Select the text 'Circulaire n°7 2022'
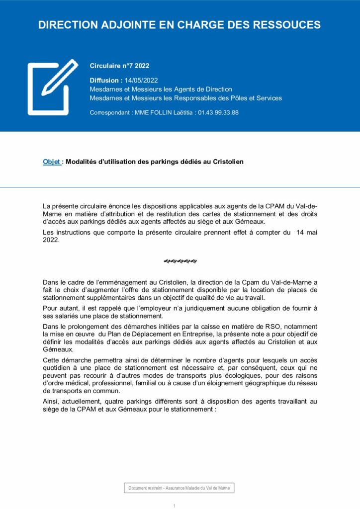point(119,66)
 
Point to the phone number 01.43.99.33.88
point(218,113)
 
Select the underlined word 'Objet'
point(52,162)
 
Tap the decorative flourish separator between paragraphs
point(180,261)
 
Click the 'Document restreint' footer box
point(179,488)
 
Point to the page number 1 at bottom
point(175,506)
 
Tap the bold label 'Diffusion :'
point(106,80)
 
